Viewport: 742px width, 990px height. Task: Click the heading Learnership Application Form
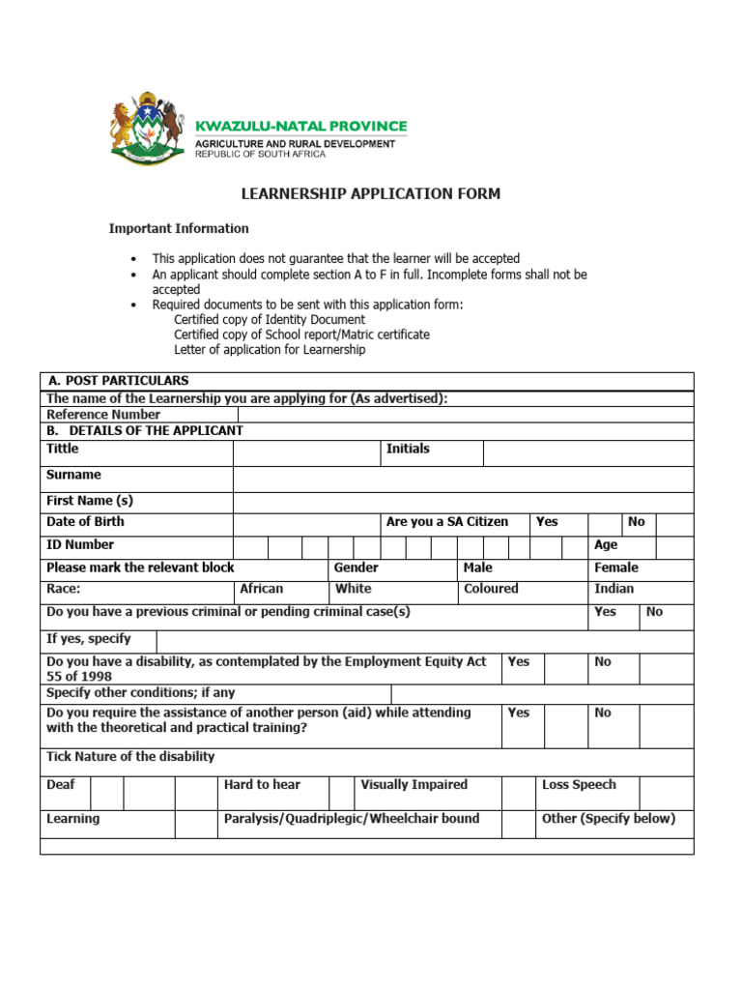pyautogui.click(x=370, y=194)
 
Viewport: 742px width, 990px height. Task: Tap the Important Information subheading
pyautogui.click(x=178, y=229)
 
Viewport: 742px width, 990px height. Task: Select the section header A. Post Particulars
pyautogui.click(x=118, y=381)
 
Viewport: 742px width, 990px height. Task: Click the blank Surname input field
pyautogui.click(x=463, y=480)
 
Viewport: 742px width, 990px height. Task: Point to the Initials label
pyautogui.click(x=408, y=450)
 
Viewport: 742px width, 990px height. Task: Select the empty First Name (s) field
pyautogui.click(x=463, y=503)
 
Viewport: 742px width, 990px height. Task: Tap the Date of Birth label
pyautogui.click(x=85, y=522)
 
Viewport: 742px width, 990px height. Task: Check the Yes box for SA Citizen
pyautogui.click(x=604, y=523)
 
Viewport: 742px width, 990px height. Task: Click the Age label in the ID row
pyautogui.click(x=606, y=545)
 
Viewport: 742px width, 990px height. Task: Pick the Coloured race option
pyautogui.click(x=491, y=589)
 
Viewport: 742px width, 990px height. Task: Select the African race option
pyautogui.click(x=262, y=589)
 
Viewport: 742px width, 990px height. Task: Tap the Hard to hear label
pyautogui.click(x=262, y=785)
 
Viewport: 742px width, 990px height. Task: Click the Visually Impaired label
pyautogui.click(x=414, y=785)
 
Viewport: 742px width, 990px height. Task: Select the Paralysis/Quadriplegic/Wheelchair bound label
pyautogui.click(x=352, y=819)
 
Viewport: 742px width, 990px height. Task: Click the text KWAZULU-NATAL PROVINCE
pyautogui.click(x=301, y=127)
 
